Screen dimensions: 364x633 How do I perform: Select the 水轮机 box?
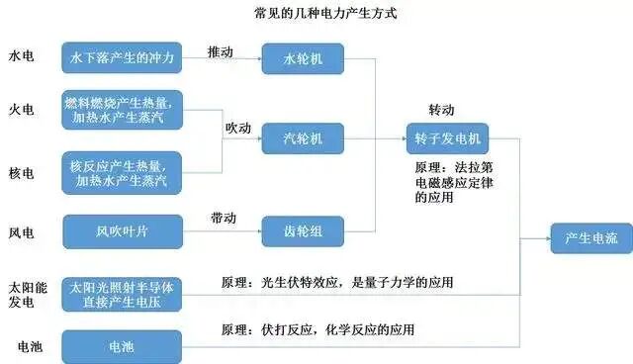[x=301, y=59]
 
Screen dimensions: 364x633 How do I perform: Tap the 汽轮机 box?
[x=301, y=138]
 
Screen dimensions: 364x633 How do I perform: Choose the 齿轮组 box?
[x=301, y=232]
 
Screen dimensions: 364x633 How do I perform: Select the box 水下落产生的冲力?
[x=122, y=58]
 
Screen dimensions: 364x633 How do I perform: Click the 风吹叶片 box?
[x=122, y=232]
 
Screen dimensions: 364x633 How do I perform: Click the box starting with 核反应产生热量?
[x=122, y=171]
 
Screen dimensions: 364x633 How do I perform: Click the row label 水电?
[x=21, y=57]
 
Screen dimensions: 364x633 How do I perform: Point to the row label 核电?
[x=21, y=171]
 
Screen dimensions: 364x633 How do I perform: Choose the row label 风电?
[x=21, y=232]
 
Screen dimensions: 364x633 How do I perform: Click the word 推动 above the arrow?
[x=221, y=49]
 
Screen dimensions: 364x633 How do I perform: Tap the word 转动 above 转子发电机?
[x=442, y=108]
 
